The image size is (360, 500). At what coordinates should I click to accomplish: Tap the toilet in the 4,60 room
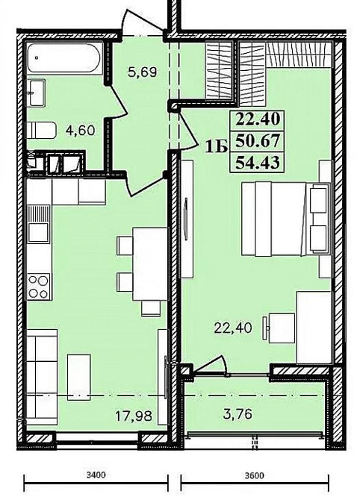point(41,130)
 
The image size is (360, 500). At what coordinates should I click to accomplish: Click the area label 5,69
point(143,72)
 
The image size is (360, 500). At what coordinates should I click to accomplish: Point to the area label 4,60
point(80,131)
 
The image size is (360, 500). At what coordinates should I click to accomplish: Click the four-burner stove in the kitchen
point(39,287)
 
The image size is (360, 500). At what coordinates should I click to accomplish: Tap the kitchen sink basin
point(39,232)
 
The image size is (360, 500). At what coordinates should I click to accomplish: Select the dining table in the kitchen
point(149,264)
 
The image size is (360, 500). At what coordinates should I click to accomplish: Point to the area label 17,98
point(134,416)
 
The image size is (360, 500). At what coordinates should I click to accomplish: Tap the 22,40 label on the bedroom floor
point(233,328)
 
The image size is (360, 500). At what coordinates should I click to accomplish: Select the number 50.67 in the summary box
point(258,141)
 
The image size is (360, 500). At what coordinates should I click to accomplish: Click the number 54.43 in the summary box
point(258,163)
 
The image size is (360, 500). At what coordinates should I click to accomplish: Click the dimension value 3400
point(96,475)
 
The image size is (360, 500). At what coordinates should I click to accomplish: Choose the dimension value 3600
point(255,475)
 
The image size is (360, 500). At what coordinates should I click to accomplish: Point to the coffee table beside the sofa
point(79,377)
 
